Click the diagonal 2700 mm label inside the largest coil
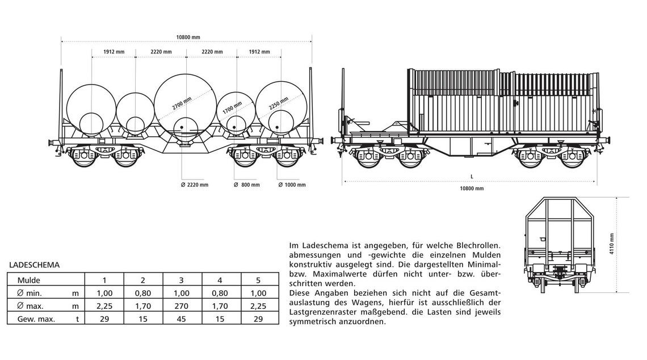183,103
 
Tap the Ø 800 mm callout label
246,185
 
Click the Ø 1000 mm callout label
291,185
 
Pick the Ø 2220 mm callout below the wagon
194,185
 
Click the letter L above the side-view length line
472,177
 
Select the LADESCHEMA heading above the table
35,265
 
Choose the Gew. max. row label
36,319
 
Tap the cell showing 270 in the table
182,306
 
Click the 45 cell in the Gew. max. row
182,319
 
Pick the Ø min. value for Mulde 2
143,293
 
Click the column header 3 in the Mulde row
182,280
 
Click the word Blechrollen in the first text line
478,245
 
